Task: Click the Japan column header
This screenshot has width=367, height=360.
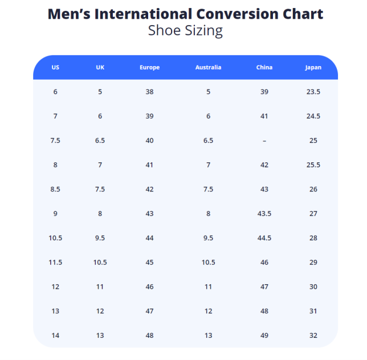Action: tap(313, 67)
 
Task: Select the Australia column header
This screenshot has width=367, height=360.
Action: tap(208, 67)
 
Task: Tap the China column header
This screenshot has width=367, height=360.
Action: tap(264, 67)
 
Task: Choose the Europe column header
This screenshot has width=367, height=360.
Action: tap(149, 67)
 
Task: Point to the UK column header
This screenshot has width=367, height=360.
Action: tap(100, 67)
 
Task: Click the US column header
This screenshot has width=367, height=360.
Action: tap(55, 67)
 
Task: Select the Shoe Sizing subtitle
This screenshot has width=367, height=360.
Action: tap(185, 30)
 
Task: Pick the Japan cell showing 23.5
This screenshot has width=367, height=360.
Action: tap(313, 92)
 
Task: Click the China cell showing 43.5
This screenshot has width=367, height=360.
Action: tap(264, 214)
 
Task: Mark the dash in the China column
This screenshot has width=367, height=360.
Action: tap(264, 141)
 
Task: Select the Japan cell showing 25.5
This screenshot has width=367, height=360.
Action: tap(313, 165)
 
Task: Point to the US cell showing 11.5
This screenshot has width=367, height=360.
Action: tap(55, 263)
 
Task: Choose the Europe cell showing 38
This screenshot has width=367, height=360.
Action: tap(149, 92)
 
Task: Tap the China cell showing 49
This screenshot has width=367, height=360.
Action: tap(264, 336)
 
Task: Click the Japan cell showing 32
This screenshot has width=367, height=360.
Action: tap(313, 336)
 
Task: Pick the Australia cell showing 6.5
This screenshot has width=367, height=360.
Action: tap(208, 141)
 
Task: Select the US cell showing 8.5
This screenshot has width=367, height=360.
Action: tap(55, 189)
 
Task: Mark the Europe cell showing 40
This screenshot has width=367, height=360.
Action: tap(149, 141)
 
